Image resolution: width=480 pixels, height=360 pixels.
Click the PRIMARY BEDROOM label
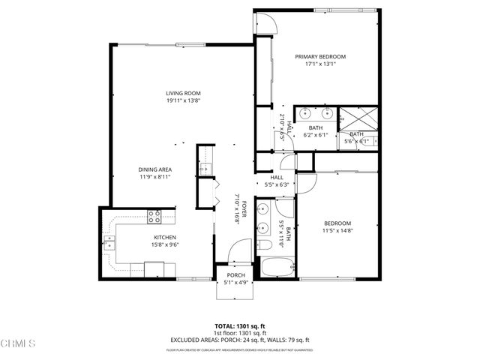[x=320, y=57]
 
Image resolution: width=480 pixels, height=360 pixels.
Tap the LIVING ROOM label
[x=183, y=93]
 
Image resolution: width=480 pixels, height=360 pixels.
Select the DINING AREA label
[x=156, y=169]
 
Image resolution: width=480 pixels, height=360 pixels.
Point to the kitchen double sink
[x=110, y=242]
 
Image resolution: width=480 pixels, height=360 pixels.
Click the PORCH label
[x=235, y=276]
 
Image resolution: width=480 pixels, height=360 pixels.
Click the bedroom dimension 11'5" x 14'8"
[x=337, y=231]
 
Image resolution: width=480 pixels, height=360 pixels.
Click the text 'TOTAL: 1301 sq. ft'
[x=239, y=325]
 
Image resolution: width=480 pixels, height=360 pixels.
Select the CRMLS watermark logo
[x=18, y=343]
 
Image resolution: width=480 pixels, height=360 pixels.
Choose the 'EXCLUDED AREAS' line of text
[x=239, y=340]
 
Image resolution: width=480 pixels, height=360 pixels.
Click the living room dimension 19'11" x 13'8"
[x=183, y=100]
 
